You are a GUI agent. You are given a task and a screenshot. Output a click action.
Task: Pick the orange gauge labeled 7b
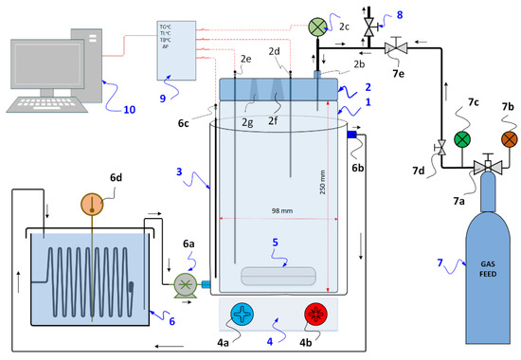(510, 139)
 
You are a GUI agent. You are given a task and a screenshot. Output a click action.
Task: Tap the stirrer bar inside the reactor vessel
(278, 277)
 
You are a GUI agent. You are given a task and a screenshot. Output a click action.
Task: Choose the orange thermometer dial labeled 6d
(92, 203)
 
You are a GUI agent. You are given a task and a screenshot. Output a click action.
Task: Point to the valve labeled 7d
(440, 149)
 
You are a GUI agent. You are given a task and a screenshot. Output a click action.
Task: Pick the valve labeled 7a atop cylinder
(486, 168)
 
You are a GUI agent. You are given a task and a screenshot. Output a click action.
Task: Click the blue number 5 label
(275, 243)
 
